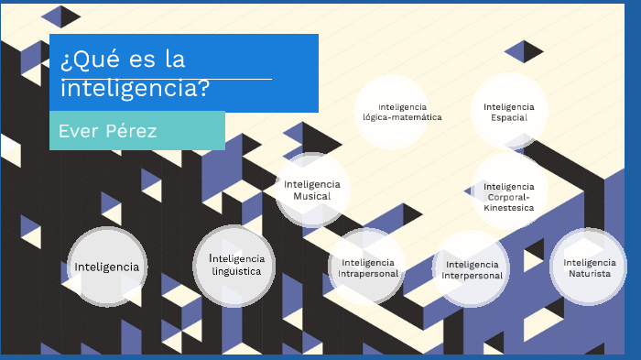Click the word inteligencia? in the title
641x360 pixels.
pyautogui.click(x=135, y=90)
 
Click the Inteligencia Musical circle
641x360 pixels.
pyautogui.click(x=312, y=190)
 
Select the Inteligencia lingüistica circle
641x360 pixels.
pyautogui.click(x=235, y=265)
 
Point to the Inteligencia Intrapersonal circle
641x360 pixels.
pyautogui.click(x=367, y=267)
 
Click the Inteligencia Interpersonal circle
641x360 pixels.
pyautogui.click(x=473, y=268)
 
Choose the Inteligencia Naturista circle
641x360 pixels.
pyautogui.click(x=588, y=267)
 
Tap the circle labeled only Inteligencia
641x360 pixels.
pyautogui.click(x=107, y=267)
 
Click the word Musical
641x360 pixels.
pyautogui.click(x=312, y=196)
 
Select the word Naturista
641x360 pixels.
pyautogui.click(x=588, y=274)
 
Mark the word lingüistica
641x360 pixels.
pyautogui.click(x=236, y=271)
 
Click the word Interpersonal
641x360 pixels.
pyautogui.click(x=473, y=276)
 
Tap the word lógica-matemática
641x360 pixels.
pyautogui.click(x=402, y=117)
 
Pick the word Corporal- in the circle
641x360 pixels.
pyautogui.click(x=509, y=197)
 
